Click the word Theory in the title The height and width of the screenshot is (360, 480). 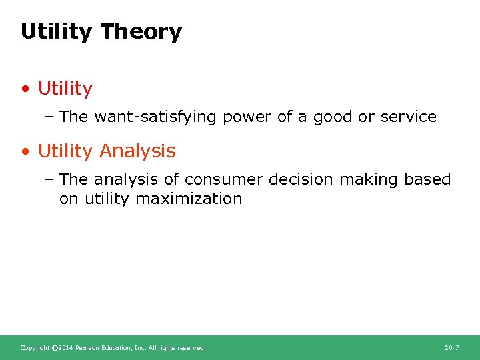click(141, 32)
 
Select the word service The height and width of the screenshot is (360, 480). click(408, 117)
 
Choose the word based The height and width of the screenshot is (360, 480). click(427, 180)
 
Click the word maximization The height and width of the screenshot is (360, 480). click(189, 199)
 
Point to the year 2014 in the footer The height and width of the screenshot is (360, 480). click(65, 348)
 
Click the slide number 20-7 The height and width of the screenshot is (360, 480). click(451, 348)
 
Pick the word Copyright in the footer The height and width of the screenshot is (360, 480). click(34, 348)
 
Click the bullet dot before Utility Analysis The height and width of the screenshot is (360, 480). click(26, 152)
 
